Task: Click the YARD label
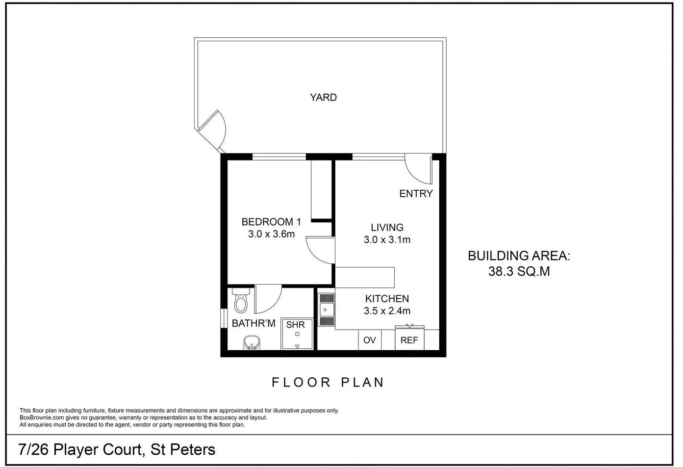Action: [x=323, y=98]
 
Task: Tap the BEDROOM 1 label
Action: [x=271, y=222]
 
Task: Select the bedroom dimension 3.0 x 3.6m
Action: [x=271, y=234]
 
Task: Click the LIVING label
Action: [x=387, y=228]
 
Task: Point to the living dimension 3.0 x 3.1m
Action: [x=387, y=240]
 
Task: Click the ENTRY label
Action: [x=416, y=194]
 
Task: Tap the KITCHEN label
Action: [x=387, y=299]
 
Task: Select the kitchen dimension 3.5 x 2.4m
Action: [x=387, y=311]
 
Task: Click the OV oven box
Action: [x=369, y=340]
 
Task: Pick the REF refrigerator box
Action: [x=409, y=340]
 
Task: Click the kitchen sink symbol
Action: [x=326, y=310]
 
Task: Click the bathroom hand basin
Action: [x=252, y=342]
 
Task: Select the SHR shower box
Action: [x=296, y=334]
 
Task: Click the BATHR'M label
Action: [x=253, y=324]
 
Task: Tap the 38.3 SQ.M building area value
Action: [x=519, y=271]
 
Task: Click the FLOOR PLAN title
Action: [x=328, y=383]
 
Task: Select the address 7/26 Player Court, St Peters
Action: [x=117, y=449]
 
